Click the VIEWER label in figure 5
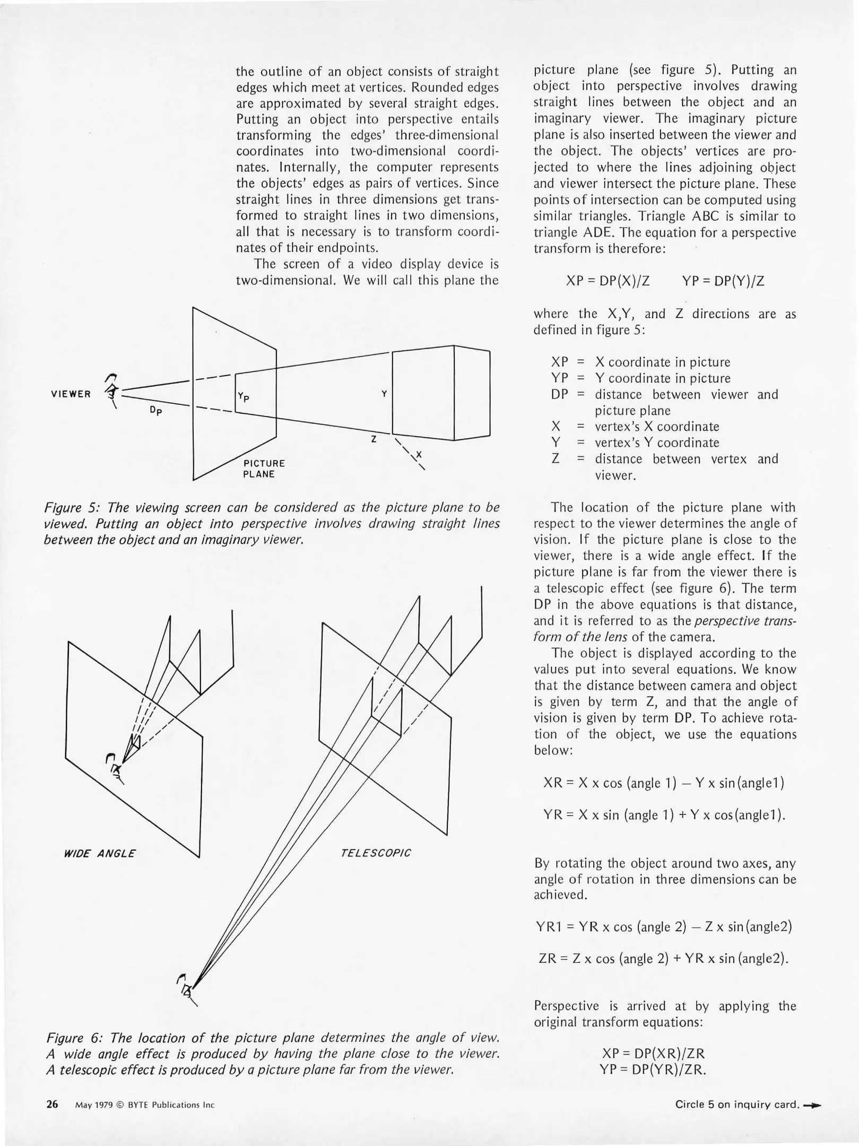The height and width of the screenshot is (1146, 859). (71, 394)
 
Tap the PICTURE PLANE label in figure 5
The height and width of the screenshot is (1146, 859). (264, 468)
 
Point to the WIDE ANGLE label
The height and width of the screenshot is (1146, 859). (99, 854)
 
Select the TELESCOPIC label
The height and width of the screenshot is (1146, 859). (376, 853)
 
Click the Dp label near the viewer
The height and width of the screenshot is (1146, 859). (155, 410)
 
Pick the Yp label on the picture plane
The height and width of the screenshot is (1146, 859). (244, 397)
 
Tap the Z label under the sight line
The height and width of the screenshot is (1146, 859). (374, 439)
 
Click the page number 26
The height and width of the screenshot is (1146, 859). (52, 1105)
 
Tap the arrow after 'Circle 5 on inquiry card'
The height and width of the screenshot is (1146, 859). (812, 1105)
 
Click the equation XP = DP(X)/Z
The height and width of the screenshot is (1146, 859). (608, 281)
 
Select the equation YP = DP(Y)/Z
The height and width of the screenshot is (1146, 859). (723, 281)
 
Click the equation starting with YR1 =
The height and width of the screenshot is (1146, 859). (664, 927)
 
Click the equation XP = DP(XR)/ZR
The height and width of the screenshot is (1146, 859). (654, 1054)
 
